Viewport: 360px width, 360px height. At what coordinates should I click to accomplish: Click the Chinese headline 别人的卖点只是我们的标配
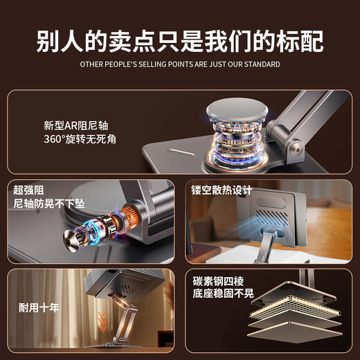pyautogui.click(x=179, y=39)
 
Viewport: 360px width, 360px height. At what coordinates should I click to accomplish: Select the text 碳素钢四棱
pyautogui.click(x=221, y=281)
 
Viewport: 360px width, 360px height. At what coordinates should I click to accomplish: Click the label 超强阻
pyautogui.click(x=28, y=189)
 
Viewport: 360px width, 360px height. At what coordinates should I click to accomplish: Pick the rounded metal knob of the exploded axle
pyautogui.click(x=68, y=242)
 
